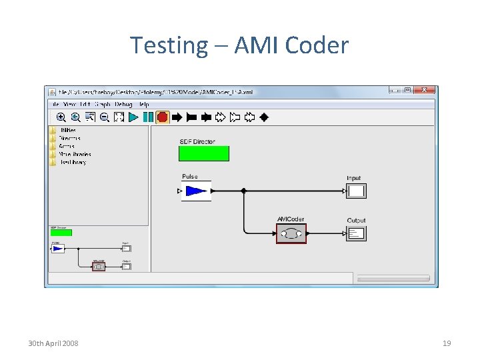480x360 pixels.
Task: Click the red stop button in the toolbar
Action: [x=162, y=117]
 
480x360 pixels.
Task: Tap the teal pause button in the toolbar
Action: [x=147, y=117]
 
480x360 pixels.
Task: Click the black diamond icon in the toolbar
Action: [x=264, y=117]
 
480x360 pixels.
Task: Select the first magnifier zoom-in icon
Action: [x=61, y=117]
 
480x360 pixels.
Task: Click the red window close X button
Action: [x=424, y=90]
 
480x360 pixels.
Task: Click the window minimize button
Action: [x=394, y=90]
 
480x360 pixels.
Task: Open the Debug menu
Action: [x=123, y=104]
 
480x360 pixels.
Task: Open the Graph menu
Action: [x=103, y=104]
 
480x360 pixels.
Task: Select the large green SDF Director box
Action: [x=203, y=153]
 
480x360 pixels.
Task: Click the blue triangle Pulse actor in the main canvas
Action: [x=196, y=191]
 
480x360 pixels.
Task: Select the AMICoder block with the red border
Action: [x=291, y=233]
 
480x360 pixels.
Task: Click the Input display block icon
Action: [x=356, y=191]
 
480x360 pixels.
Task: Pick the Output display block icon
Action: [x=356, y=233]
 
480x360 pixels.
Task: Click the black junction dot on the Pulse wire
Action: [x=243, y=191]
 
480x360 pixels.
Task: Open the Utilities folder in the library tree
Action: [x=67, y=130]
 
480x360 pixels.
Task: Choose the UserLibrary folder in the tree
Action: [x=72, y=162]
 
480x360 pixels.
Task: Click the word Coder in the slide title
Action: [x=316, y=45]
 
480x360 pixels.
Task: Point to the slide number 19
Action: [x=447, y=343]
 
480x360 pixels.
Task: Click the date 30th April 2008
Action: [x=53, y=343]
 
